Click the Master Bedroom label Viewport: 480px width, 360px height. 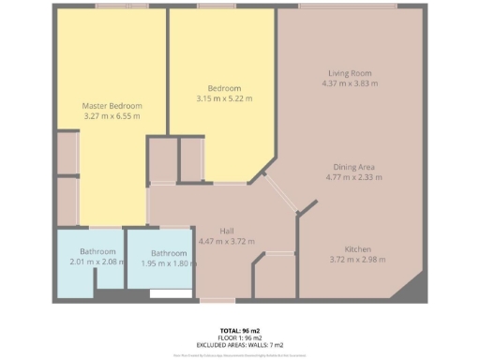click(x=111, y=105)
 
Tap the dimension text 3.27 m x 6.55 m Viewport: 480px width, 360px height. click(x=111, y=116)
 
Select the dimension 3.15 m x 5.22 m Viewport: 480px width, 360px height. click(x=223, y=97)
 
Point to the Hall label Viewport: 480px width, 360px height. click(x=227, y=231)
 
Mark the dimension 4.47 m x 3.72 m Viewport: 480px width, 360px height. click(x=227, y=241)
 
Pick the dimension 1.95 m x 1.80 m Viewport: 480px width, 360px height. click(x=170, y=263)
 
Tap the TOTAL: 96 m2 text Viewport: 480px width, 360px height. click(x=240, y=331)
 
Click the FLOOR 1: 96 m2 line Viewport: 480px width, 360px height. click(x=240, y=338)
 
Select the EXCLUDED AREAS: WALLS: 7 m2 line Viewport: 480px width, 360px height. click(x=240, y=346)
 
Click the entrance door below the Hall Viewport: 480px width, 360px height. click(x=217, y=300)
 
